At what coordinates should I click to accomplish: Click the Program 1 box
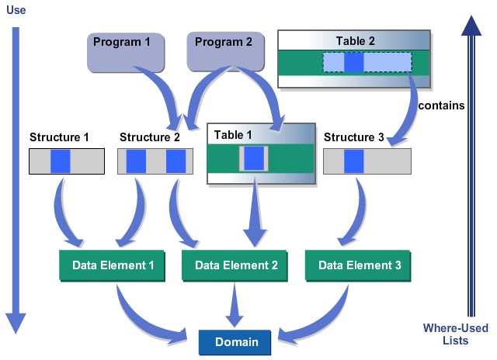coord(126,52)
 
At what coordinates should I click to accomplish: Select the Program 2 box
coord(225,51)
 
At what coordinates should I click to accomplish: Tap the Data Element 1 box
coord(112,265)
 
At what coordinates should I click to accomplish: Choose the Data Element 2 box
coord(235,265)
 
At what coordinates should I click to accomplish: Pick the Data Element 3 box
coord(358,265)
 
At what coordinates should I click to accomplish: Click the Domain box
coord(235,342)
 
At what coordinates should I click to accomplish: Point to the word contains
coord(441,106)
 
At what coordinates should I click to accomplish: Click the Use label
coord(16,10)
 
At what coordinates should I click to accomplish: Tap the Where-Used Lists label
coord(456,334)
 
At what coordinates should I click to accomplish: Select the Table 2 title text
coord(356,41)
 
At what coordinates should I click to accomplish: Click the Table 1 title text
coord(233,135)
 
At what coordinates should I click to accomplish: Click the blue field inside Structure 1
coord(61,161)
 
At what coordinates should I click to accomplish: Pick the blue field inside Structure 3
coord(354,161)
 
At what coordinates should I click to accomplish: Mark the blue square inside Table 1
coord(254,158)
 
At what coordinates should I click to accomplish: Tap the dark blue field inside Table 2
coord(354,62)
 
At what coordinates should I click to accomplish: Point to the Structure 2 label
coord(150,137)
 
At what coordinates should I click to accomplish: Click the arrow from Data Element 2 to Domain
coord(235,305)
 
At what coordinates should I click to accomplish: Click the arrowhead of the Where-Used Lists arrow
coord(471,26)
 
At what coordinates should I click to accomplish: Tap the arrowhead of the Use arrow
coord(16,324)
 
